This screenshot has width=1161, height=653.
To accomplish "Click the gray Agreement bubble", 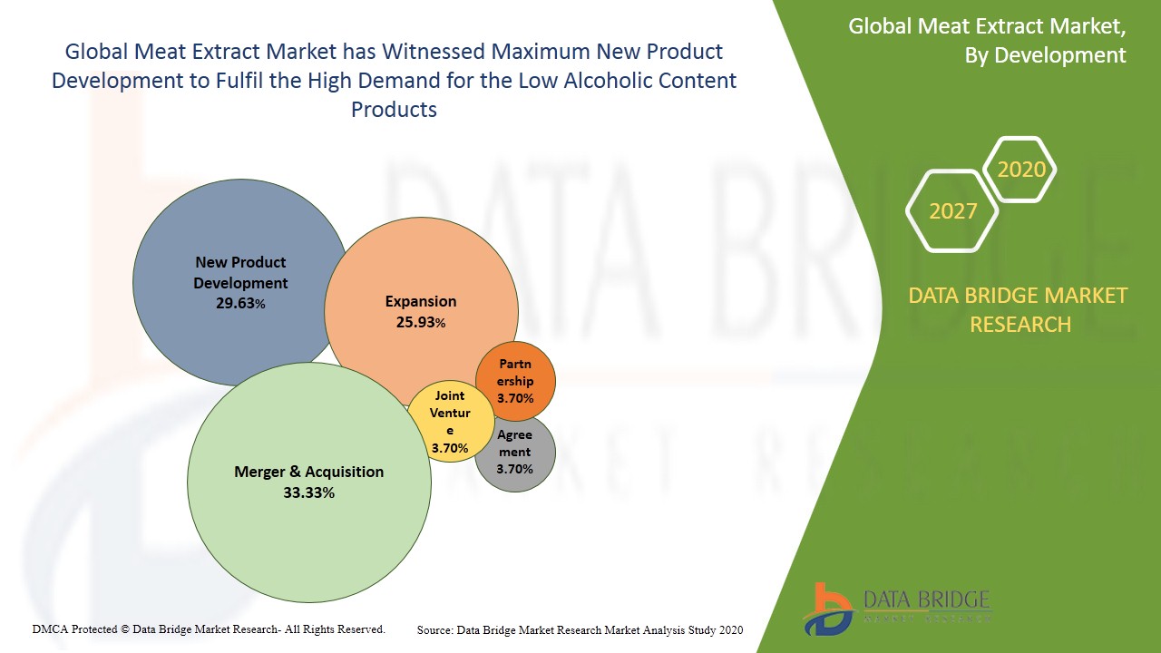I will [x=515, y=453].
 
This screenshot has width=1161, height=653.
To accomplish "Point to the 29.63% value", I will [x=240, y=304].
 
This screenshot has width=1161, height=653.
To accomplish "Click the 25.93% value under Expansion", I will [x=421, y=322].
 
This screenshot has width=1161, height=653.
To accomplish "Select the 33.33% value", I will [x=309, y=492].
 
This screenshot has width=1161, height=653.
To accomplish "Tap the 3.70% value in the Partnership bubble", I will [x=515, y=398].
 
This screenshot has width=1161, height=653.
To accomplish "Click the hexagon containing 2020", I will [x=1021, y=170].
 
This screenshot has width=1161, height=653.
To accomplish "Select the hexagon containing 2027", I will [x=952, y=211].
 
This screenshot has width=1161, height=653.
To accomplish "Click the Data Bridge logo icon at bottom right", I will [x=826, y=608].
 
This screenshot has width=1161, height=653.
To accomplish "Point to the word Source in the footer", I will [x=435, y=629].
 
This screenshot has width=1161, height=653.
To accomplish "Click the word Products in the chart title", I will [x=394, y=110].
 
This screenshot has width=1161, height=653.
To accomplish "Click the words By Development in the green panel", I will [x=1045, y=55].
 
